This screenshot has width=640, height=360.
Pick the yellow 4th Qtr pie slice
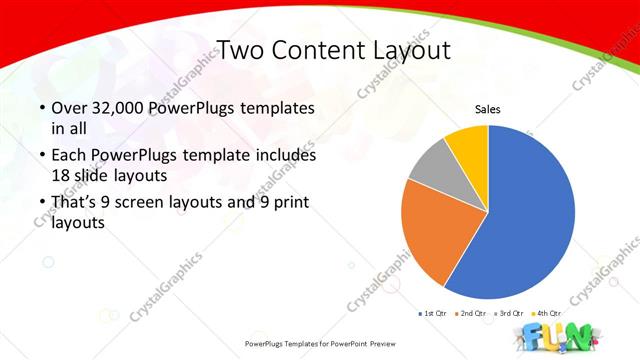click(468, 143)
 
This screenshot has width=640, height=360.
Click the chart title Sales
click(487, 109)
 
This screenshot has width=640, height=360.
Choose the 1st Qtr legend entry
click(432, 313)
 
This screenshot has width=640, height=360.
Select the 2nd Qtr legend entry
click(470, 313)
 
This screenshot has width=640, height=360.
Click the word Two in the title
click(242, 50)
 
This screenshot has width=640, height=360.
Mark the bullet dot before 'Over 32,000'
click(41, 108)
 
